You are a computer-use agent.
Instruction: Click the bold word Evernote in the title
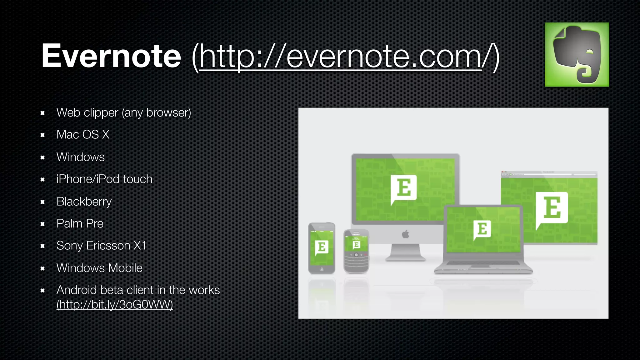[x=111, y=56]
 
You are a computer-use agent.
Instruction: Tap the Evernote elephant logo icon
[x=577, y=54]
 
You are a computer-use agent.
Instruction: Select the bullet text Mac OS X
[x=83, y=135]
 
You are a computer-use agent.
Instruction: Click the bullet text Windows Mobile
[x=99, y=268]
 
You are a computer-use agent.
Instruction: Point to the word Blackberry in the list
[x=84, y=202]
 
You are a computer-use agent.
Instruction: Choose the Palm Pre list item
[x=80, y=224]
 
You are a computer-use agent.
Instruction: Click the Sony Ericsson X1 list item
[x=101, y=246]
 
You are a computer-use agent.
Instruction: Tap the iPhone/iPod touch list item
[x=104, y=179]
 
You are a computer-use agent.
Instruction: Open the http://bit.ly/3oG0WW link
[x=115, y=304]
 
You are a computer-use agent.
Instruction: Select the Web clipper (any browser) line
[x=123, y=112]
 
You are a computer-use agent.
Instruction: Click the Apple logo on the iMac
[x=405, y=234]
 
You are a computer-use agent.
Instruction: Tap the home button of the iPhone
[x=322, y=269]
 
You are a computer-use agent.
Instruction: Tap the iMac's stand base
[x=405, y=258]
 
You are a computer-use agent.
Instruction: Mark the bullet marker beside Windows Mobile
[x=43, y=268]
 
